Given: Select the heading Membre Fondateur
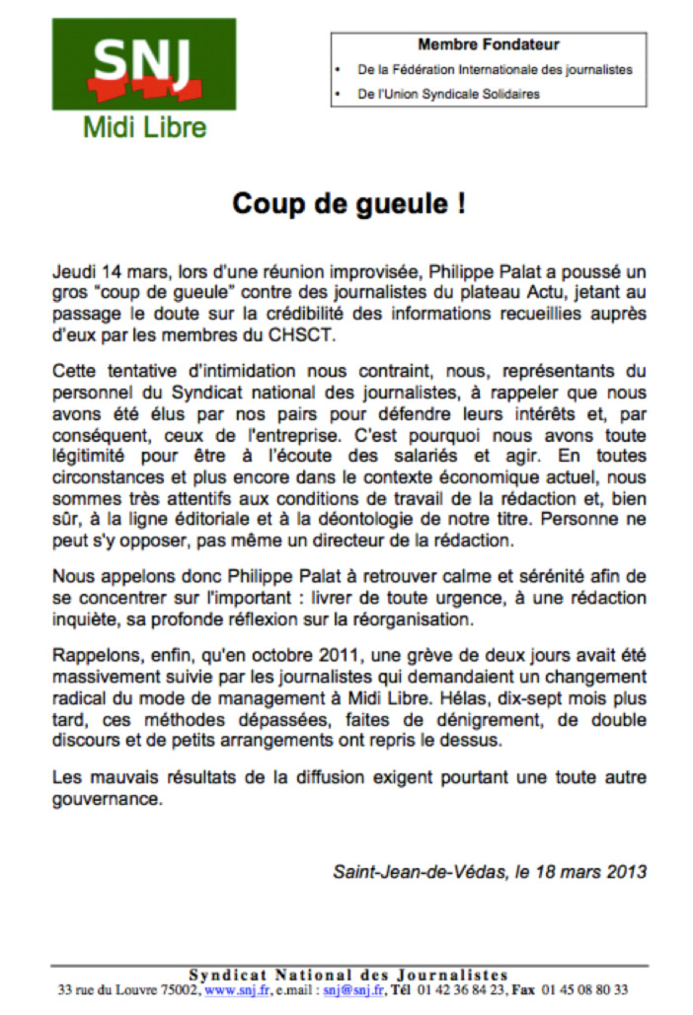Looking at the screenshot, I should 489,44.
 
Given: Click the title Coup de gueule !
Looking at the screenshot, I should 348,204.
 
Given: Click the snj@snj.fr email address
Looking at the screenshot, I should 350,988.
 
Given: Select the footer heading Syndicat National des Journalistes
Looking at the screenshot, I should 348,975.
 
